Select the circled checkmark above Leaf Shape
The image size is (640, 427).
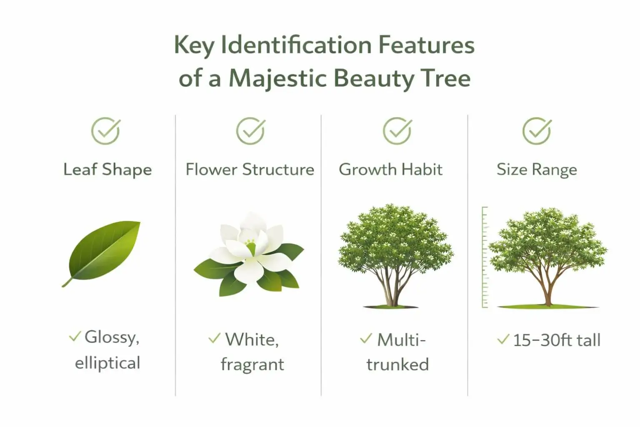[106, 131]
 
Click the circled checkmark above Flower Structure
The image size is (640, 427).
[250, 131]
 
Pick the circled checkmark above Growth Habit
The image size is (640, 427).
[397, 131]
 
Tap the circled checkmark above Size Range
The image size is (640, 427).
[537, 131]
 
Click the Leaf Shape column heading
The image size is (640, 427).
[107, 170]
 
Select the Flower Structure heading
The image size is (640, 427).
[250, 170]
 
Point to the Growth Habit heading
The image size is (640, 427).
[390, 170]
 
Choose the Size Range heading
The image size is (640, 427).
[537, 170]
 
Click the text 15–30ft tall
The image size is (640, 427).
[556, 340]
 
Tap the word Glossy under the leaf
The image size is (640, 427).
[111, 337]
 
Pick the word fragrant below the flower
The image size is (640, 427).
[252, 364]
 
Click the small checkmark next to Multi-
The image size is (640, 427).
[365, 339]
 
